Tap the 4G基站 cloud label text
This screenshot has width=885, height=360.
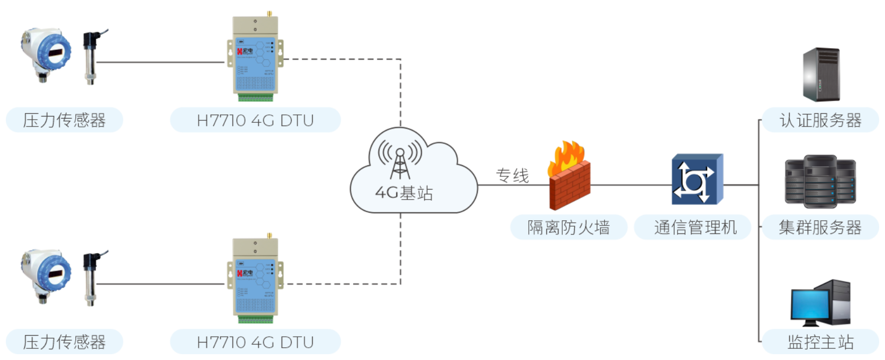point(404,193)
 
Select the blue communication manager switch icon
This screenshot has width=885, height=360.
point(697,180)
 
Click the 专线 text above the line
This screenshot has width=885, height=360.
point(512,175)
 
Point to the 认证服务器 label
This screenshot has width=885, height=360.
point(820,120)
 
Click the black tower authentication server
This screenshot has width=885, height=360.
point(821,75)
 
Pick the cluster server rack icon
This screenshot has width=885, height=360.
point(820,181)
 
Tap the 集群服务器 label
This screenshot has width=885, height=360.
point(820,228)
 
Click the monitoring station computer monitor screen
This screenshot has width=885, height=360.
point(810,304)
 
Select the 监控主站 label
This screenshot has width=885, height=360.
point(820,342)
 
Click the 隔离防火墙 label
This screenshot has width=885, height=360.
point(568,228)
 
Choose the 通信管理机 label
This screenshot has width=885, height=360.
point(695,228)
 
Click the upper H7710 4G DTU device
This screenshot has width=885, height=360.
point(255,58)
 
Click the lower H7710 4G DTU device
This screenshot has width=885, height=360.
point(255,280)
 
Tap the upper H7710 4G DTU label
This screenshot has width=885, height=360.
point(255,120)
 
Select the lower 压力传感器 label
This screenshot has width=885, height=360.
point(64,342)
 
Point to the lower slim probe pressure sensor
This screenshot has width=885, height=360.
point(91,278)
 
